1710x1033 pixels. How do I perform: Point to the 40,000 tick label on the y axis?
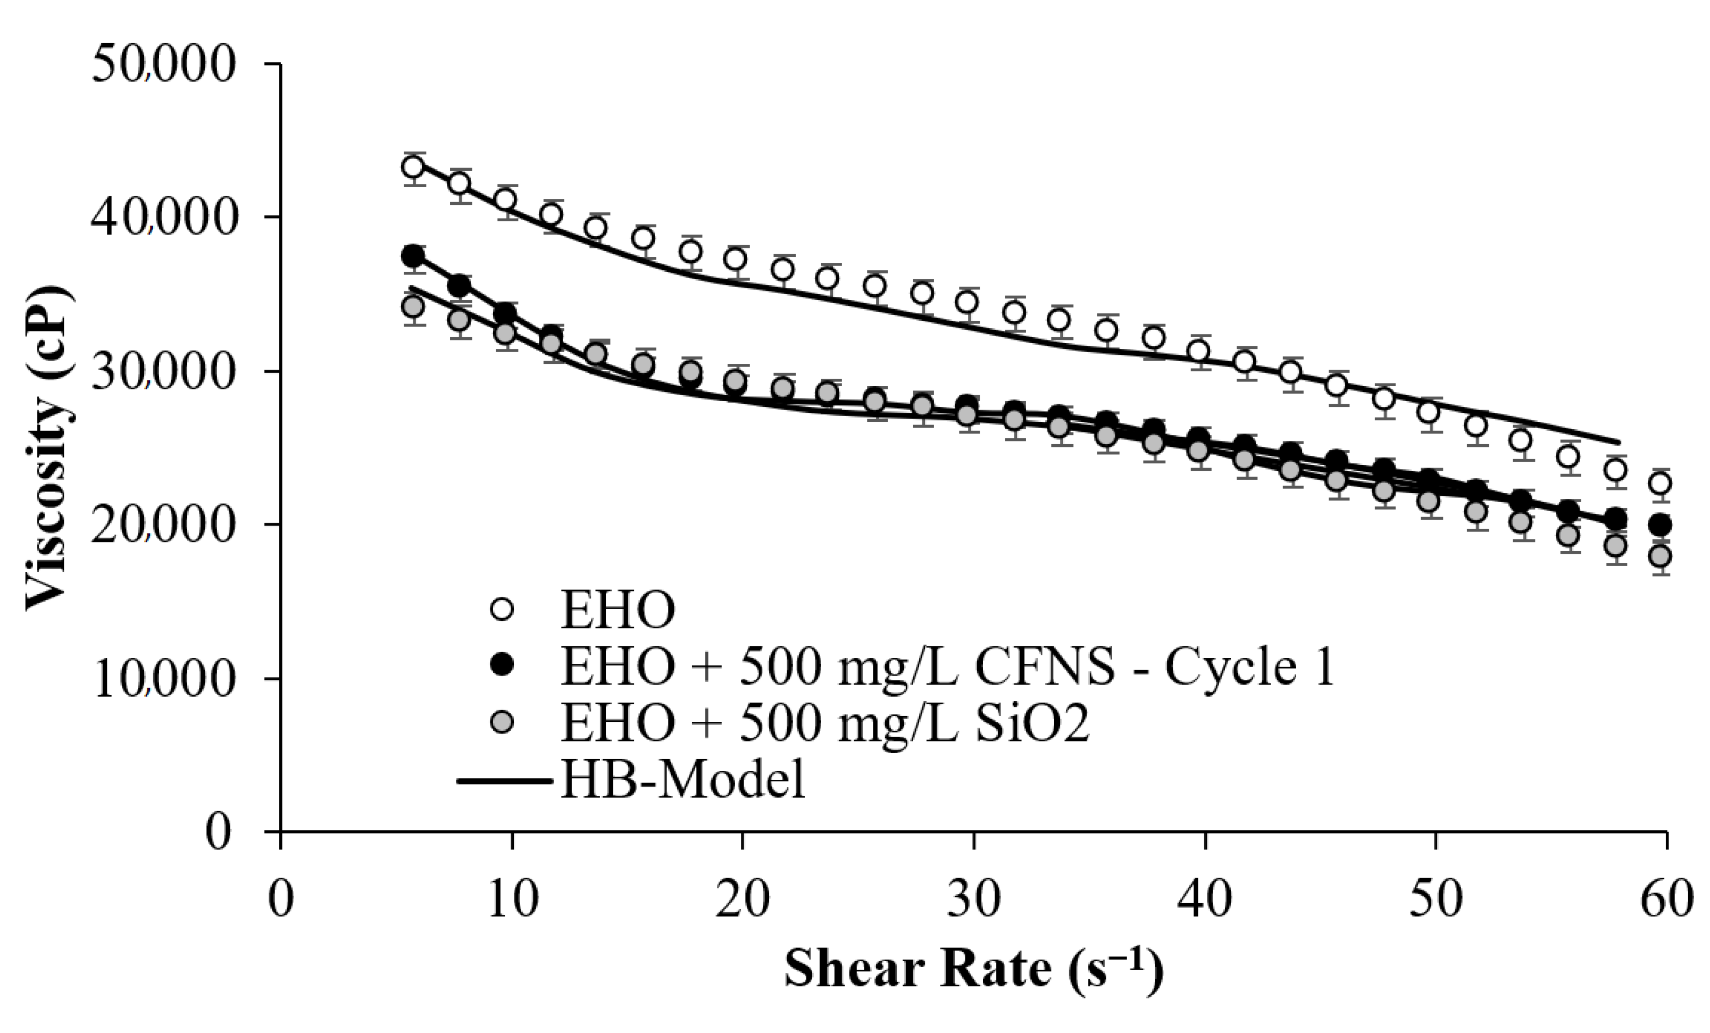pos(164,219)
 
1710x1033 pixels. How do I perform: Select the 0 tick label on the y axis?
pos(218,832)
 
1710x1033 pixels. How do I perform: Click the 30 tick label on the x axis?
pos(974,899)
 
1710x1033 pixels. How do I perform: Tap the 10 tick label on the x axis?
pos(512,899)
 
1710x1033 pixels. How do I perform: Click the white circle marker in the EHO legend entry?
pos(501,610)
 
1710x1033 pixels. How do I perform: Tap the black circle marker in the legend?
pos(501,665)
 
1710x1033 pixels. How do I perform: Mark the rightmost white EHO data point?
pos(1660,483)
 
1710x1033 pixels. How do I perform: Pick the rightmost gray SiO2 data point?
pos(1660,556)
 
